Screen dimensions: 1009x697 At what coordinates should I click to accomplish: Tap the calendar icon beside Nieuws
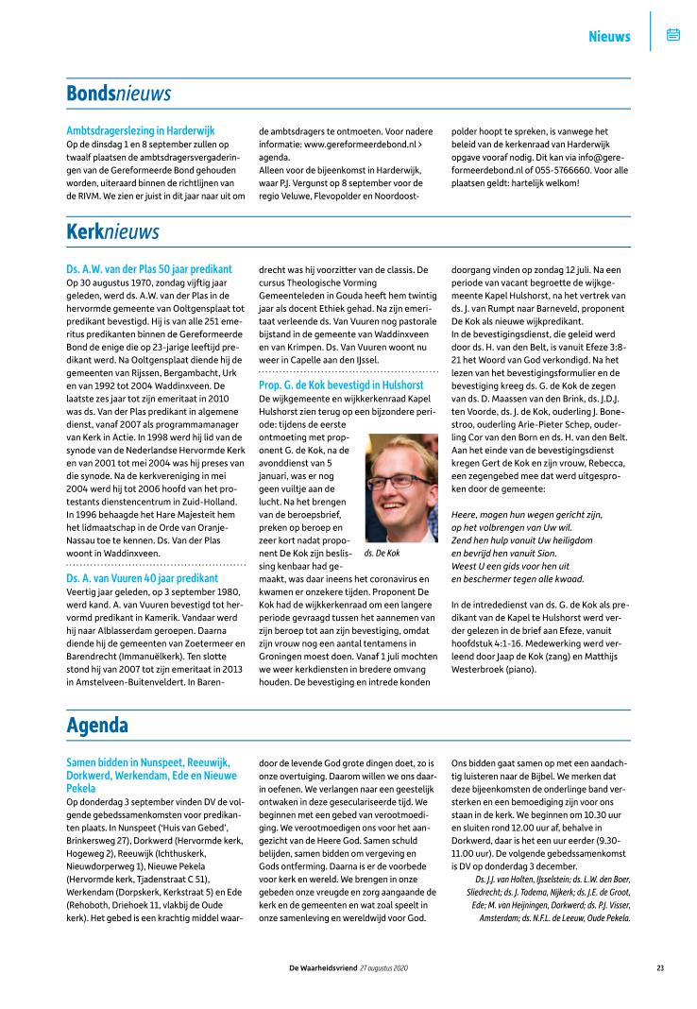click(673, 35)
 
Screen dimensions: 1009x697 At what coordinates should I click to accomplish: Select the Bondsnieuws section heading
click(118, 94)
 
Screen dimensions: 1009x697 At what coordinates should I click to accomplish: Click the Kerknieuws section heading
click(112, 231)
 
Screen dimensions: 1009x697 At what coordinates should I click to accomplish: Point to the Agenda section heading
click(97, 725)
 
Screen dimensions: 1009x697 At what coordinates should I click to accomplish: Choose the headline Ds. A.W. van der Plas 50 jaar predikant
click(149, 269)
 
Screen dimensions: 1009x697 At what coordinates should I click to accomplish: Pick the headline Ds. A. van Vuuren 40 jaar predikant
click(143, 577)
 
